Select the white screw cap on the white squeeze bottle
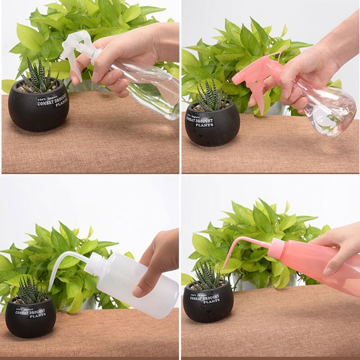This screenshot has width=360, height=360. tap(95, 263)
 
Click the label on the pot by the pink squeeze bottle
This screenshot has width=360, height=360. tap(205, 299)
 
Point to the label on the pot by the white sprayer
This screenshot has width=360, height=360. tap(52, 101)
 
